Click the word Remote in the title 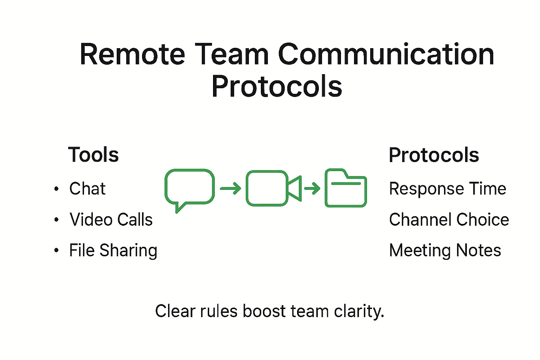(x=132, y=54)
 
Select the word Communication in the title (x=386, y=54)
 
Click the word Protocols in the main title (x=277, y=87)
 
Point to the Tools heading (x=94, y=155)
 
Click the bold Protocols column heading (x=433, y=155)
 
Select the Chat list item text (x=87, y=189)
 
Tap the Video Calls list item (x=111, y=220)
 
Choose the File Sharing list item (x=113, y=251)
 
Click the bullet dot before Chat (x=56, y=189)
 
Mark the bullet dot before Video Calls (x=56, y=220)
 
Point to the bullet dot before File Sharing (x=56, y=251)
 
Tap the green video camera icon (x=273, y=188)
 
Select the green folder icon (x=346, y=188)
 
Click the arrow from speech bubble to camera (x=230, y=188)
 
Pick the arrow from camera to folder (x=312, y=188)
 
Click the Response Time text (x=447, y=189)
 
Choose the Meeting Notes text (x=445, y=251)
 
